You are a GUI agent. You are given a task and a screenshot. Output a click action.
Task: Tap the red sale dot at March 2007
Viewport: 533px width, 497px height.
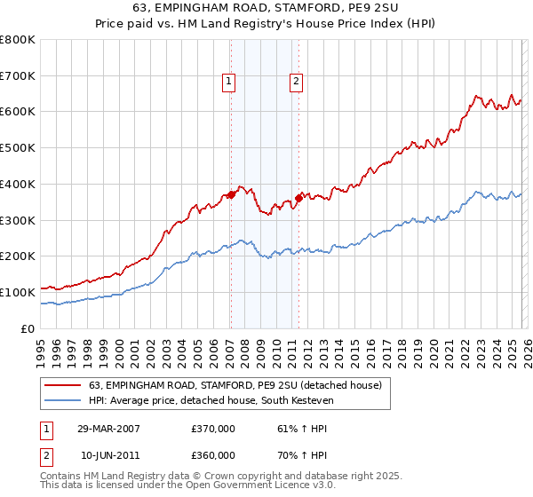pyautogui.click(x=231, y=194)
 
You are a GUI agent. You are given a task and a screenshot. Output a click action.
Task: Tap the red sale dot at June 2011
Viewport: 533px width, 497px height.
pyautogui.click(x=298, y=198)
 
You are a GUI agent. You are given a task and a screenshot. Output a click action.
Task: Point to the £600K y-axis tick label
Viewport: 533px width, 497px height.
pyautogui.click(x=18, y=112)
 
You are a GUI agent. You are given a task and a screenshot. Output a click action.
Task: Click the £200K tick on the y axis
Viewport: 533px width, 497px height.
pyautogui.click(x=18, y=256)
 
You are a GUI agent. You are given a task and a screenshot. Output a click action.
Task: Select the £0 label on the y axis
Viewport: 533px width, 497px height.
pyautogui.click(x=28, y=328)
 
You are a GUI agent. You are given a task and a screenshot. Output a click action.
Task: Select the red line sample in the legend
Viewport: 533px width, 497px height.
pyautogui.click(x=64, y=385)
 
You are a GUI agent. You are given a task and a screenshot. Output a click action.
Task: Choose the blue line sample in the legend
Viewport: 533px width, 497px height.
pyautogui.click(x=64, y=399)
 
